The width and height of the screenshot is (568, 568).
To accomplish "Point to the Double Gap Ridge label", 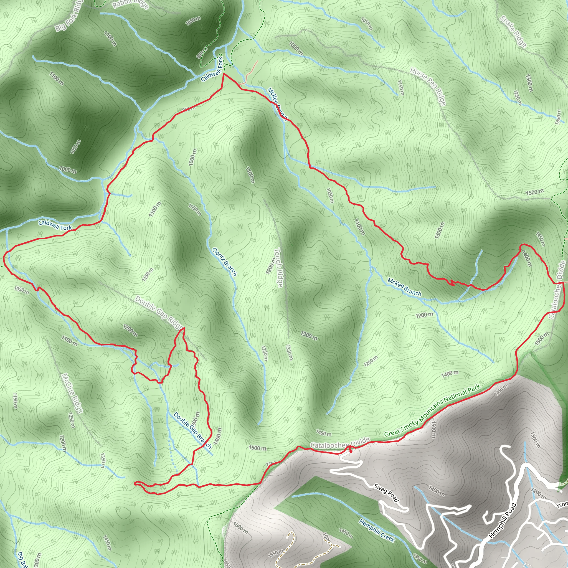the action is (x=159, y=313).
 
